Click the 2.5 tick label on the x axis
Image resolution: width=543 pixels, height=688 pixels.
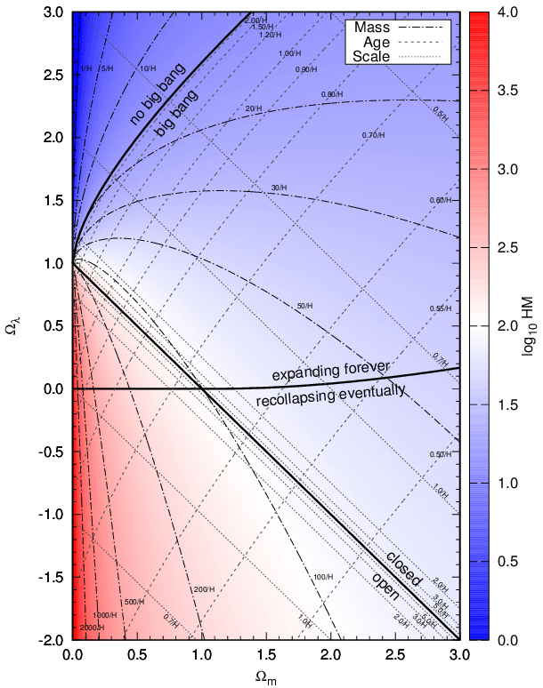tap(394, 654)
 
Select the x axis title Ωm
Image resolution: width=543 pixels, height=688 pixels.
tap(265, 677)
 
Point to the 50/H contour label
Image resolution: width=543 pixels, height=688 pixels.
tap(304, 306)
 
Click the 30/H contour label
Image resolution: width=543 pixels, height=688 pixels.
tap(280, 188)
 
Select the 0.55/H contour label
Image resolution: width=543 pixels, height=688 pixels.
tap(438, 308)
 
